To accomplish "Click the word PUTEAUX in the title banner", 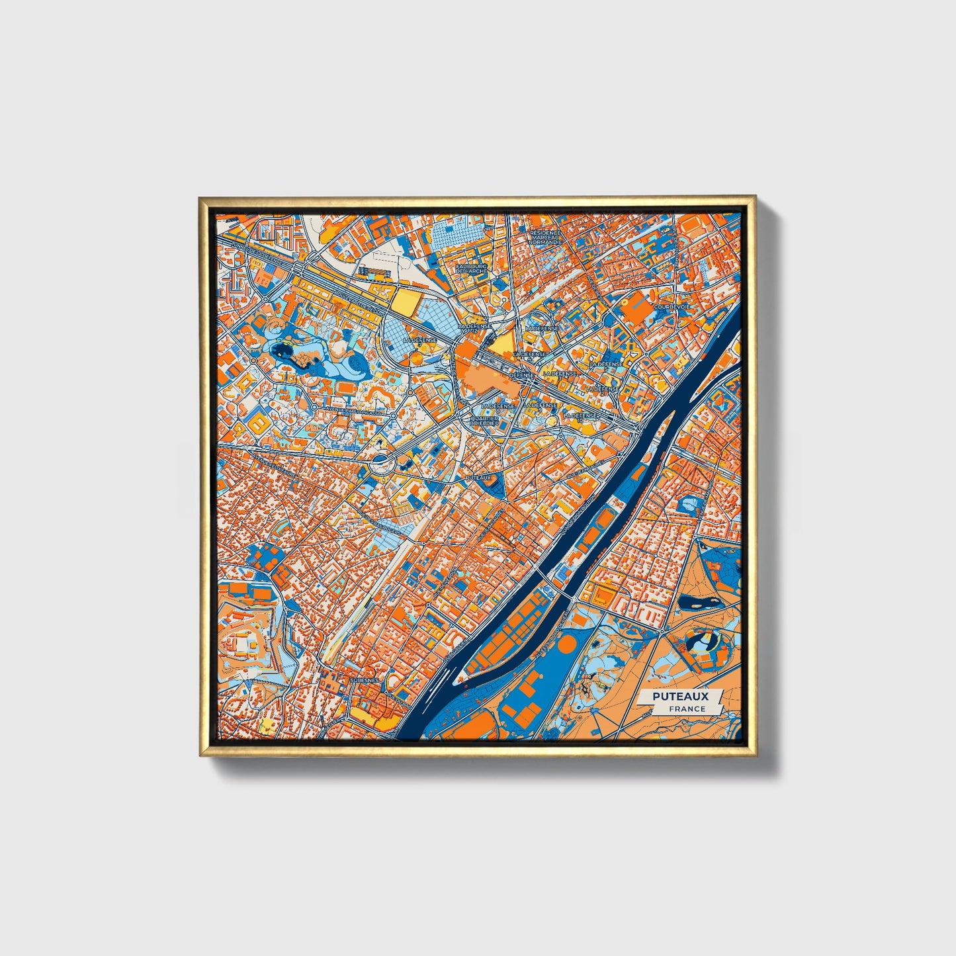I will pos(680,697).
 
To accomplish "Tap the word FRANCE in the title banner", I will pos(687,709).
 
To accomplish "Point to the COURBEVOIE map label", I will pos(672,307).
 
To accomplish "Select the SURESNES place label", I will pos(364,679).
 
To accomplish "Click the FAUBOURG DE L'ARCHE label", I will pos(472,268).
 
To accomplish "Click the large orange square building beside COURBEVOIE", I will pos(638,306).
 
